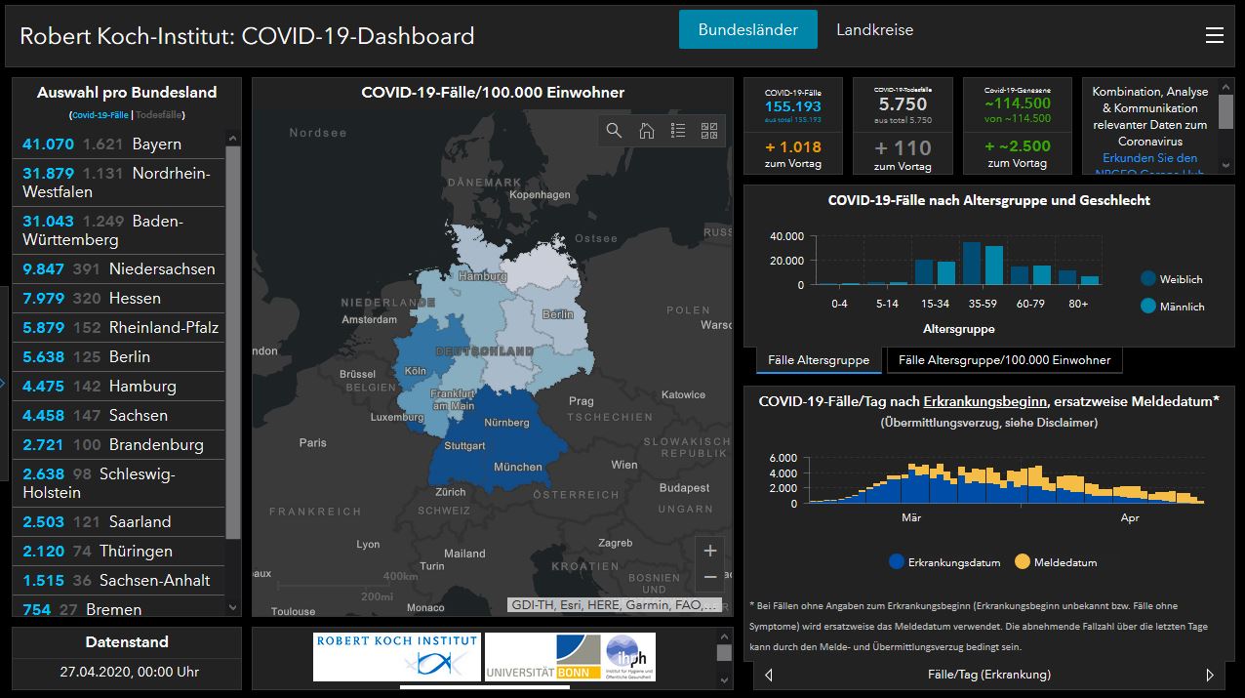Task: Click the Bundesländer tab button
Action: coord(747,29)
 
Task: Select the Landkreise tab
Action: coord(874,29)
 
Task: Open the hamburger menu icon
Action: coord(1214,35)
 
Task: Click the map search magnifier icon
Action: coord(614,131)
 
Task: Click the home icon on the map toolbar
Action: coord(646,131)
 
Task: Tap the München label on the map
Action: coord(517,467)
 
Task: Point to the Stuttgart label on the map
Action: coord(464,446)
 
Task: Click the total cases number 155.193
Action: coord(792,106)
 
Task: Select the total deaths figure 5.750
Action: coord(903,104)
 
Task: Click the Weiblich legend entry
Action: coord(1172,279)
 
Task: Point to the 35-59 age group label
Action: coord(982,304)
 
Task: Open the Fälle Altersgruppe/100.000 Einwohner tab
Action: coord(1004,360)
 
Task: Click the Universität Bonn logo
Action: coord(542,658)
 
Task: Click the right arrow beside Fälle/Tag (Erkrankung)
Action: coord(1210,675)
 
